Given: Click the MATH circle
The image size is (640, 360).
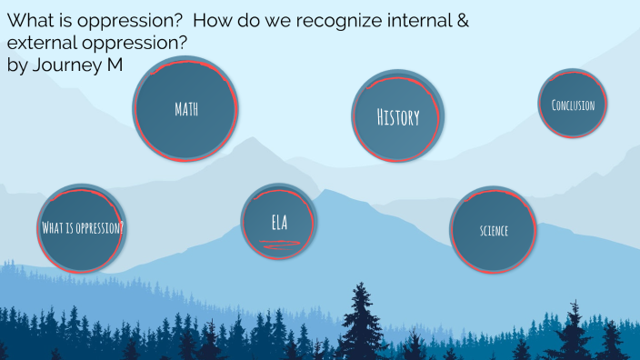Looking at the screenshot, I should [186, 109].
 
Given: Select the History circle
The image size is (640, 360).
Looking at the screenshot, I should [398, 116].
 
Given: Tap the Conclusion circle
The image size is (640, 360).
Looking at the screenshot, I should [573, 105].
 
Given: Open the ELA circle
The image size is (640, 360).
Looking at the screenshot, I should [279, 223].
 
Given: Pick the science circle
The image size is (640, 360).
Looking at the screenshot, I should [494, 230].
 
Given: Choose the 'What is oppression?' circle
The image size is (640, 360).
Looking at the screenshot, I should [83, 227].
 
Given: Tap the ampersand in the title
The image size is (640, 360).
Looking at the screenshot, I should [462, 20].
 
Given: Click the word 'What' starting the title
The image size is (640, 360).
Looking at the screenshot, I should [27, 20].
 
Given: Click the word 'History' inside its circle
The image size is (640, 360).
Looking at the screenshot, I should [398, 117].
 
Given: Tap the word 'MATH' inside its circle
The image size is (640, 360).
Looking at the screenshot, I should [186, 110].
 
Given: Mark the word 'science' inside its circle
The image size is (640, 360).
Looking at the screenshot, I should [494, 231].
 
